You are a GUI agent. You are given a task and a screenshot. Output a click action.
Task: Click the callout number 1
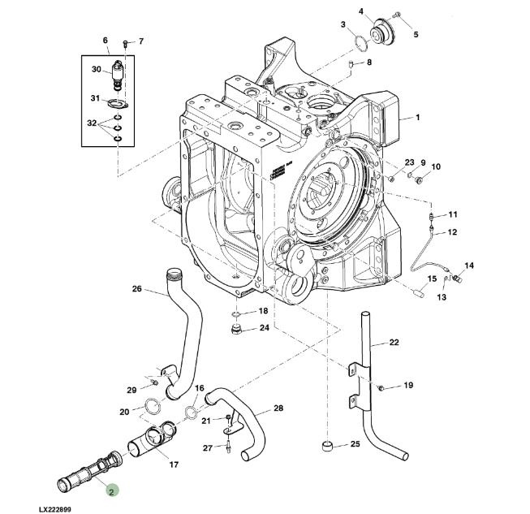click(417, 118)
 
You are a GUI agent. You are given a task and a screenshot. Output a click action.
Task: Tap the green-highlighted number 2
click(111, 489)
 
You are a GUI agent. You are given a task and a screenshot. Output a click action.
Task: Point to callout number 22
click(394, 343)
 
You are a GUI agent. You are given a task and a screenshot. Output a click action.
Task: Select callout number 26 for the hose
click(136, 288)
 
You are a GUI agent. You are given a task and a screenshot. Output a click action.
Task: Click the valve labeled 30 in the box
click(119, 71)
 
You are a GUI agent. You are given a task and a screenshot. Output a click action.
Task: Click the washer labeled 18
click(235, 313)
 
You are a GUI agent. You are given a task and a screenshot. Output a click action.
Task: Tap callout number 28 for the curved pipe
click(278, 408)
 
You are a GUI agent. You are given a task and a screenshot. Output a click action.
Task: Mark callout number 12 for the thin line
click(452, 232)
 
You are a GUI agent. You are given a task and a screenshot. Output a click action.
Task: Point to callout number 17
click(173, 464)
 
